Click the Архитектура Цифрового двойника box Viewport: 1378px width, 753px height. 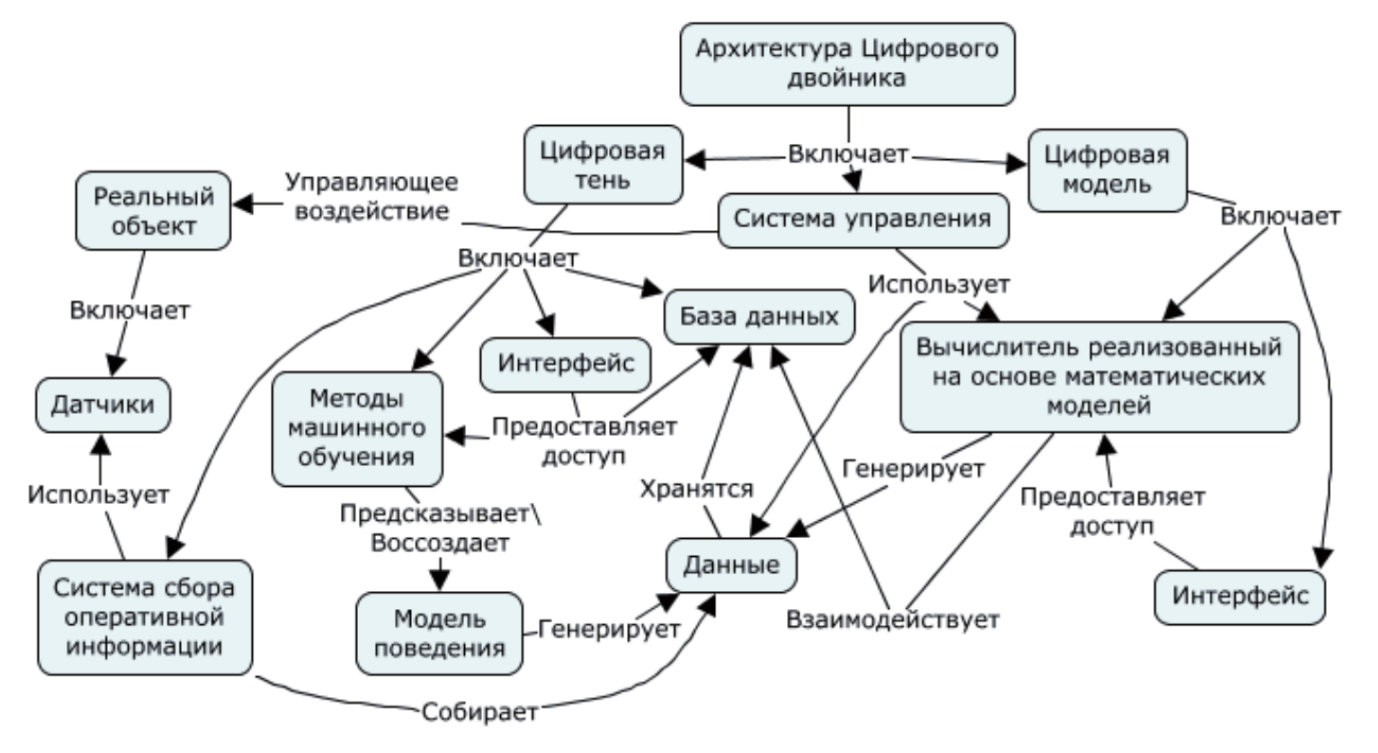click(849, 63)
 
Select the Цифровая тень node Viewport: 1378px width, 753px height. click(603, 164)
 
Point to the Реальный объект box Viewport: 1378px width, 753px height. click(154, 211)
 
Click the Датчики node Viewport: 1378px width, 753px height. click(105, 405)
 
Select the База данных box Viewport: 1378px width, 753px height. click(760, 315)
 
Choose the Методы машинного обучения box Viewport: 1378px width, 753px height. click(357, 425)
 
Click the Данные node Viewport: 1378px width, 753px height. click(730, 565)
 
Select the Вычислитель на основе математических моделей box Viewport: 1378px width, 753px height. click(1099, 376)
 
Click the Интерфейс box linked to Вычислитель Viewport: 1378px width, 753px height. click(1240, 597)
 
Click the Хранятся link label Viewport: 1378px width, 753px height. click(696, 489)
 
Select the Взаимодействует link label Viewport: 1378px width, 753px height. click(893, 620)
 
